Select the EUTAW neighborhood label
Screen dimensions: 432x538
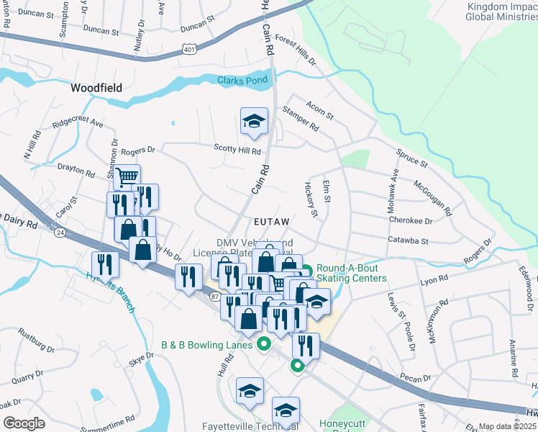pyautogui.click(x=271, y=222)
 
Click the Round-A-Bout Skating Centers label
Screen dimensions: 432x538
pyautogui.click(x=351, y=274)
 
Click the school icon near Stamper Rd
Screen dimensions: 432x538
pyautogui.click(x=253, y=121)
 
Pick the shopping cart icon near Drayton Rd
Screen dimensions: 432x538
pyautogui.click(x=127, y=176)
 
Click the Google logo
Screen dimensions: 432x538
pyautogui.click(x=24, y=423)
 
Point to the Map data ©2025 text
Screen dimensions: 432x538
pyautogui.click(x=507, y=426)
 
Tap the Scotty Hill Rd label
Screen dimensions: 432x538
pyautogui.click(x=237, y=149)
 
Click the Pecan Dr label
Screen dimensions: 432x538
pyautogui.click(x=416, y=377)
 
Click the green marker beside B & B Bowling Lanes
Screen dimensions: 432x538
pyautogui.click(x=264, y=344)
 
